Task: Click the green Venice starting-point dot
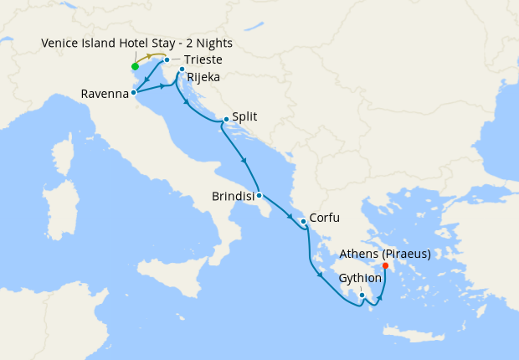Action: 135,66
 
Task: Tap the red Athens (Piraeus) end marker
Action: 385,266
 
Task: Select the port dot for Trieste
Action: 167,60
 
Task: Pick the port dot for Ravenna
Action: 134,93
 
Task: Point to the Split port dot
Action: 226,120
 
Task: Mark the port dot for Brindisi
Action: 259,196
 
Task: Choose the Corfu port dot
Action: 302,221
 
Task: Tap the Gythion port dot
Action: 362,295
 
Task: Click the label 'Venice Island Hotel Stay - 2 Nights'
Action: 136,43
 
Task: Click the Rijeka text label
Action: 204,78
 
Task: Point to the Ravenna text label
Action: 105,94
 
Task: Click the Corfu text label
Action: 324,219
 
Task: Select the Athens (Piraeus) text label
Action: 386,254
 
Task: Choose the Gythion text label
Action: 361,278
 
